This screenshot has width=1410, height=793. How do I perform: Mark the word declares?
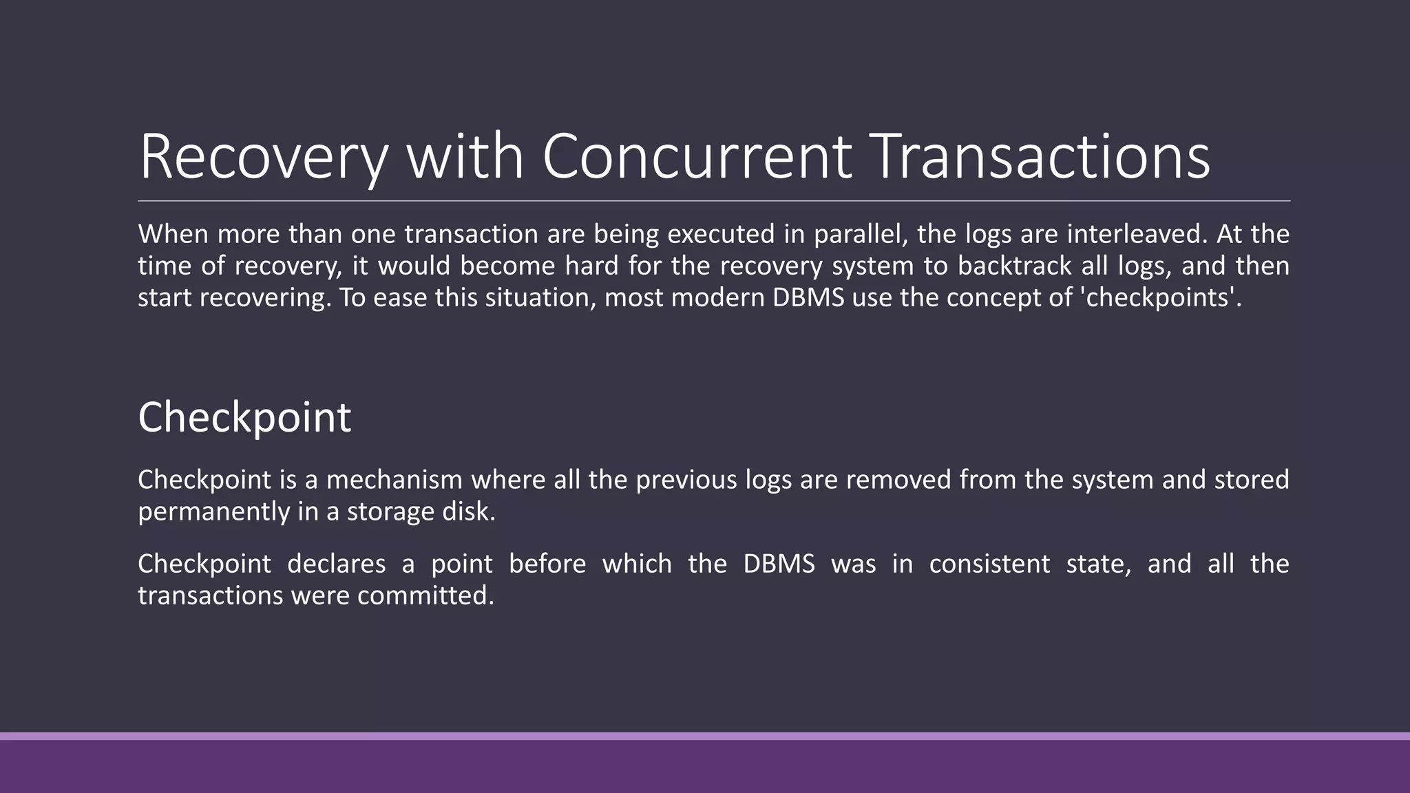click(x=337, y=564)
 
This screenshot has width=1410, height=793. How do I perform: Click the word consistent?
click(x=989, y=564)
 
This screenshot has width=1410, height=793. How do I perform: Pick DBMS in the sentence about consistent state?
click(x=779, y=564)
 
